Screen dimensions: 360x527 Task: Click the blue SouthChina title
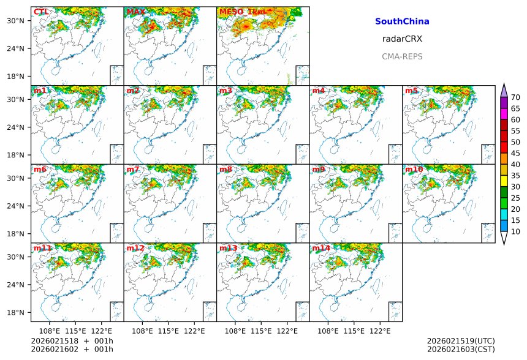(402, 21)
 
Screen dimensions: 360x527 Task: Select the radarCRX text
(402, 39)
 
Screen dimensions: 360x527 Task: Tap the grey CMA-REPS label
(402, 56)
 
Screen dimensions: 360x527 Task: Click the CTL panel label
(41, 12)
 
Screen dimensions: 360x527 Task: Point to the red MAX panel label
(135, 12)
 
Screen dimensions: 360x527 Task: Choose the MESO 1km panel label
(243, 12)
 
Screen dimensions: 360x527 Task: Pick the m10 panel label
(414, 169)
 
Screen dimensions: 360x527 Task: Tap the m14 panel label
(320, 248)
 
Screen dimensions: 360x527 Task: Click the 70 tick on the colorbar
(515, 97)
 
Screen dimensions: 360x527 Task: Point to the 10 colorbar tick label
(515, 231)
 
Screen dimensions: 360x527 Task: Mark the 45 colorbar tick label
(515, 153)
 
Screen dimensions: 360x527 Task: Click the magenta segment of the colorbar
(504, 114)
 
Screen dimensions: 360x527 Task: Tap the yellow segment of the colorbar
(504, 181)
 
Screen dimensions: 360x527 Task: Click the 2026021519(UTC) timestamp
(461, 341)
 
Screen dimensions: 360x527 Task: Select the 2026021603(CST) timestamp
(461, 350)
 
